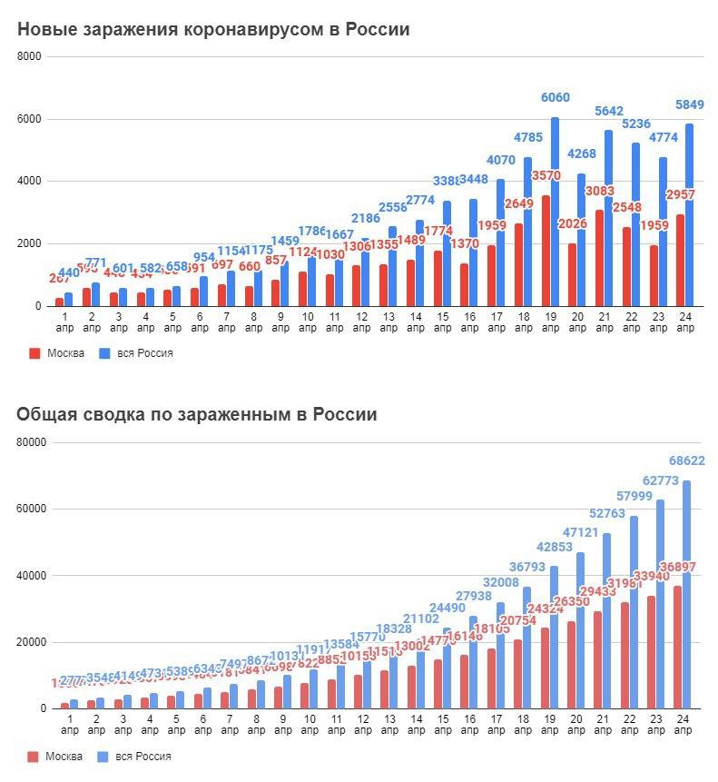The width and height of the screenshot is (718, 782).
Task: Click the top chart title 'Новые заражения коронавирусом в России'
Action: pos(213,30)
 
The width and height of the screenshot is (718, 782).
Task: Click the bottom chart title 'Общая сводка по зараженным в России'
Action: pos(196,415)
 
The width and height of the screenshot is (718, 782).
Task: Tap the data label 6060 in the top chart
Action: pos(556,98)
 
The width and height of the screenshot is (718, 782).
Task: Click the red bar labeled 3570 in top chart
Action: pos(545,254)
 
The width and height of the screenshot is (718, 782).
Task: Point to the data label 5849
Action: pos(689,104)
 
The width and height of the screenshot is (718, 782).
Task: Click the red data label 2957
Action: pos(681,195)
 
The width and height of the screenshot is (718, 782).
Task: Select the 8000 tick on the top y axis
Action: pos(30,56)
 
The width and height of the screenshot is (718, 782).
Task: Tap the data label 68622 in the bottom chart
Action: pos(687,461)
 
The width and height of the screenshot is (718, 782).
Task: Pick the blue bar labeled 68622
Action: pos(687,599)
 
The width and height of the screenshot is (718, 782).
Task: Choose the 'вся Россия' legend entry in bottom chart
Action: pos(138,757)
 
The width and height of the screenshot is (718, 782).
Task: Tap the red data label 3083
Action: pos(600,191)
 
